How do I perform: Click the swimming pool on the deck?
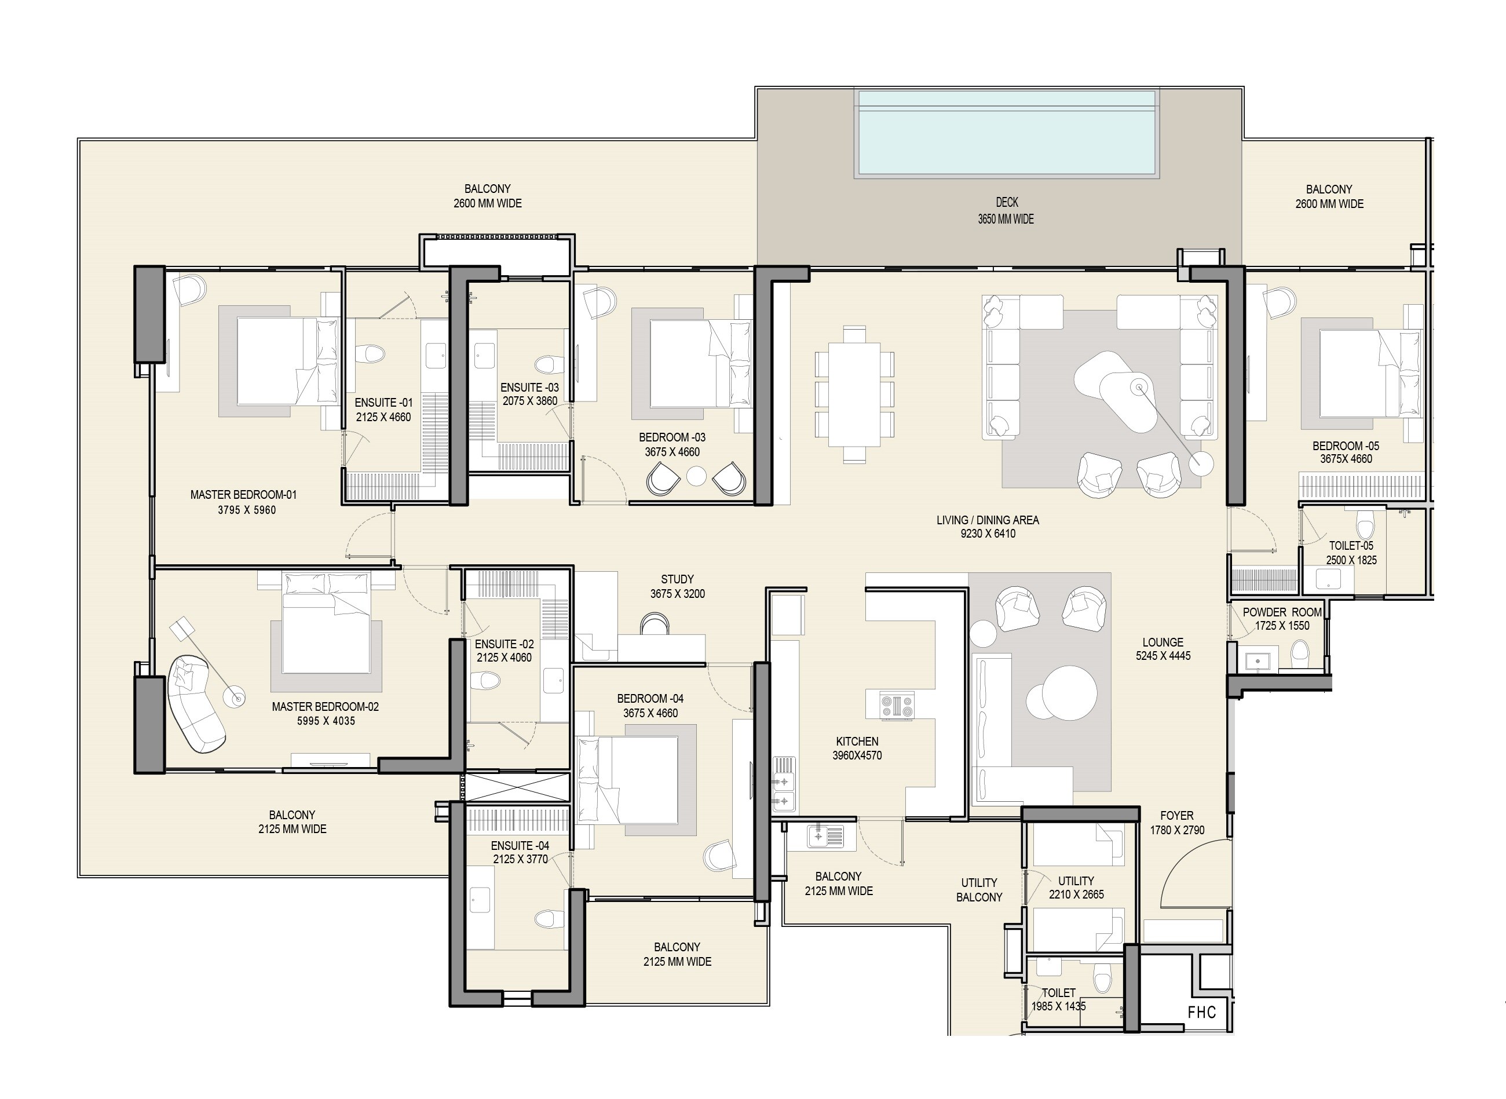(1007, 133)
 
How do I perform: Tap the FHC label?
(1202, 1013)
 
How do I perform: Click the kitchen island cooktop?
(897, 704)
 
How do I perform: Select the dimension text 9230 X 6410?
(987, 534)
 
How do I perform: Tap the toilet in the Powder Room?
(1300, 654)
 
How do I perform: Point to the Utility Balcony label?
(979, 889)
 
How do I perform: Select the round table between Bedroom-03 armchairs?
(696, 476)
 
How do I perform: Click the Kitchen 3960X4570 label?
(857, 748)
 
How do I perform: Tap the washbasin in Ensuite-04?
(480, 902)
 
